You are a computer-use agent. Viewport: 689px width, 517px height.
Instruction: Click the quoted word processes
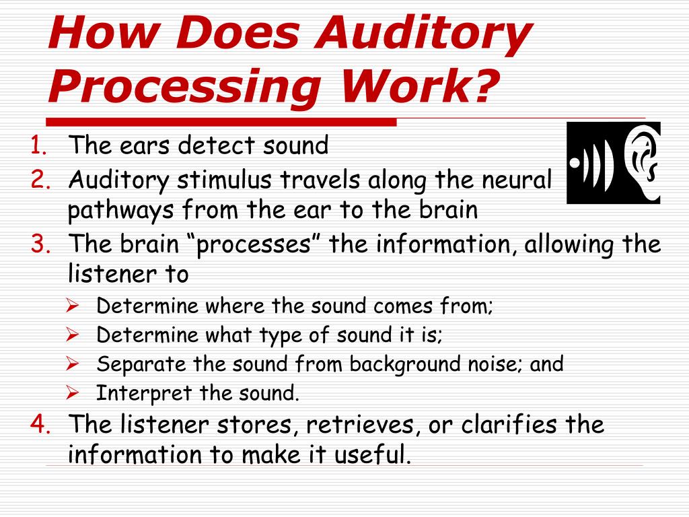pos(257,244)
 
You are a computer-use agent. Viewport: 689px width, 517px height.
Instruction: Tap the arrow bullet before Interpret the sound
pos(73,392)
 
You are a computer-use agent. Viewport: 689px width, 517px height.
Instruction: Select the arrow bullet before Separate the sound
pos(73,364)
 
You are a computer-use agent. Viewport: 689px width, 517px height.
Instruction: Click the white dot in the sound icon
pos(576,164)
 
